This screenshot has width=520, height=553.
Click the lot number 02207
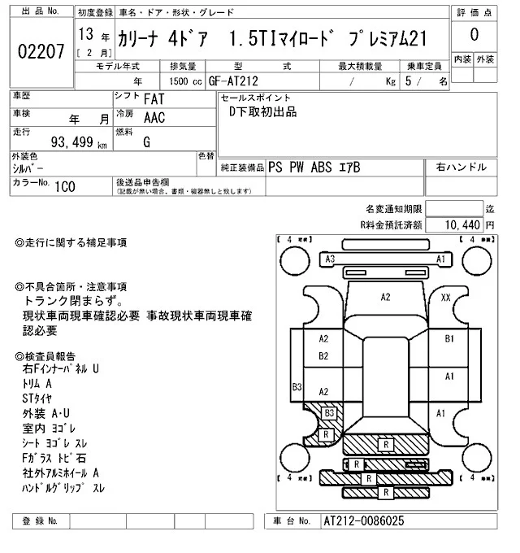click(x=41, y=53)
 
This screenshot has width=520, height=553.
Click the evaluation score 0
click(x=474, y=36)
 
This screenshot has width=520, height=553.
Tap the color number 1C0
click(x=66, y=185)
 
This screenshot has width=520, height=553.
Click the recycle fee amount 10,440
click(x=464, y=224)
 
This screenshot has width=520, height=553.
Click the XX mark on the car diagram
click(x=445, y=298)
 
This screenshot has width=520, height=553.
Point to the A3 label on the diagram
click(x=330, y=259)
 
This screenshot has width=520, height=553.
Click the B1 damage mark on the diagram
click(x=448, y=338)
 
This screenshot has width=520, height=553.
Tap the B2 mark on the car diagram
click(x=323, y=356)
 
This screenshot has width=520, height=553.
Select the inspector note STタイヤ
click(x=37, y=398)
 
